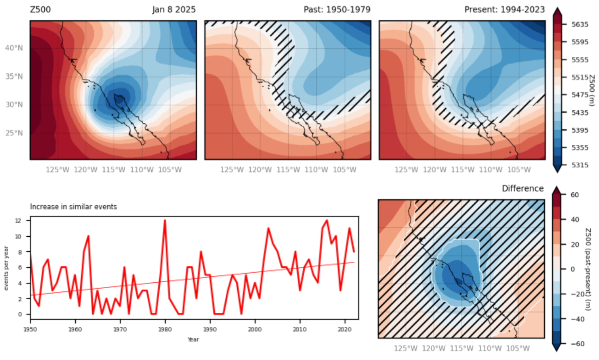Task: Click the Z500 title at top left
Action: coord(40,10)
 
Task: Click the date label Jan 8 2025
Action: coord(174,10)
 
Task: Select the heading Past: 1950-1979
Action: coord(337,10)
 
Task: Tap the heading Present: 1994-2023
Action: coord(504,10)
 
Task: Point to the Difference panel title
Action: coord(523,188)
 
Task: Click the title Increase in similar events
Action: coord(73,207)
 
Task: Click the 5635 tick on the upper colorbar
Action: coord(580,25)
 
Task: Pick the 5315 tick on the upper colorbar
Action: coord(580,165)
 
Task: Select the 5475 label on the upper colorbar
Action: coord(580,95)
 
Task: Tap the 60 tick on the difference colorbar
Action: coord(574,195)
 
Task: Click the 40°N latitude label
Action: coord(14,48)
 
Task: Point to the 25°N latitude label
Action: coord(14,133)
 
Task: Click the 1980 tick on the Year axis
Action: coord(165,329)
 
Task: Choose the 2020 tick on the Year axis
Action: coord(345,329)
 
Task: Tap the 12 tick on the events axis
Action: coord(18,220)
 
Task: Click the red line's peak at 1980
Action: coord(165,220)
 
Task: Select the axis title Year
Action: coord(193,339)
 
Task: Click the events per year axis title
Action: coord(6,268)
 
